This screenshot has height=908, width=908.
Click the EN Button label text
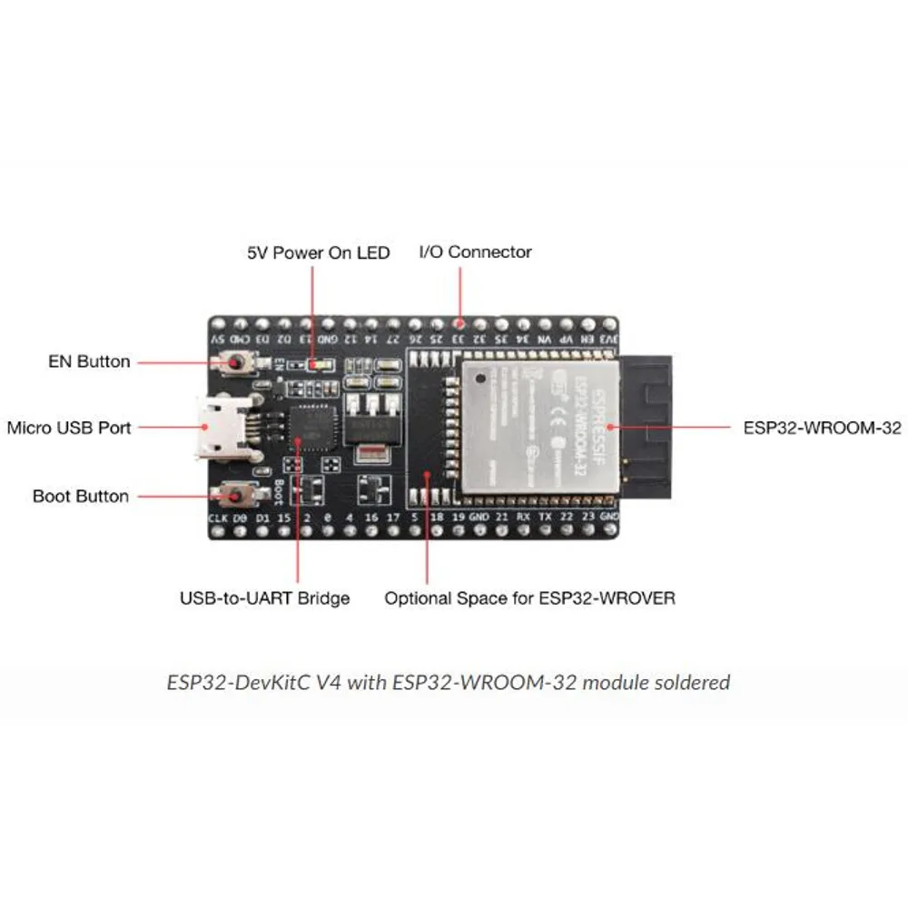tap(89, 361)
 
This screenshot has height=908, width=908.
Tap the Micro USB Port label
tap(69, 428)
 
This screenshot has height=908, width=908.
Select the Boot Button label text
tap(80, 497)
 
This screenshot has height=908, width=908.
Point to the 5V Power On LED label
tap(319, 252)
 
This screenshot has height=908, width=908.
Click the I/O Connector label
tap(475, 252)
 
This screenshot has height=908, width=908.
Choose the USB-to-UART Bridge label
tap(264, 598)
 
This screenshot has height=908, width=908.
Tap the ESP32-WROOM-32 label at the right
tap(822, 428)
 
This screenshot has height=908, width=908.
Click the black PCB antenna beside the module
tap(646, 427)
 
